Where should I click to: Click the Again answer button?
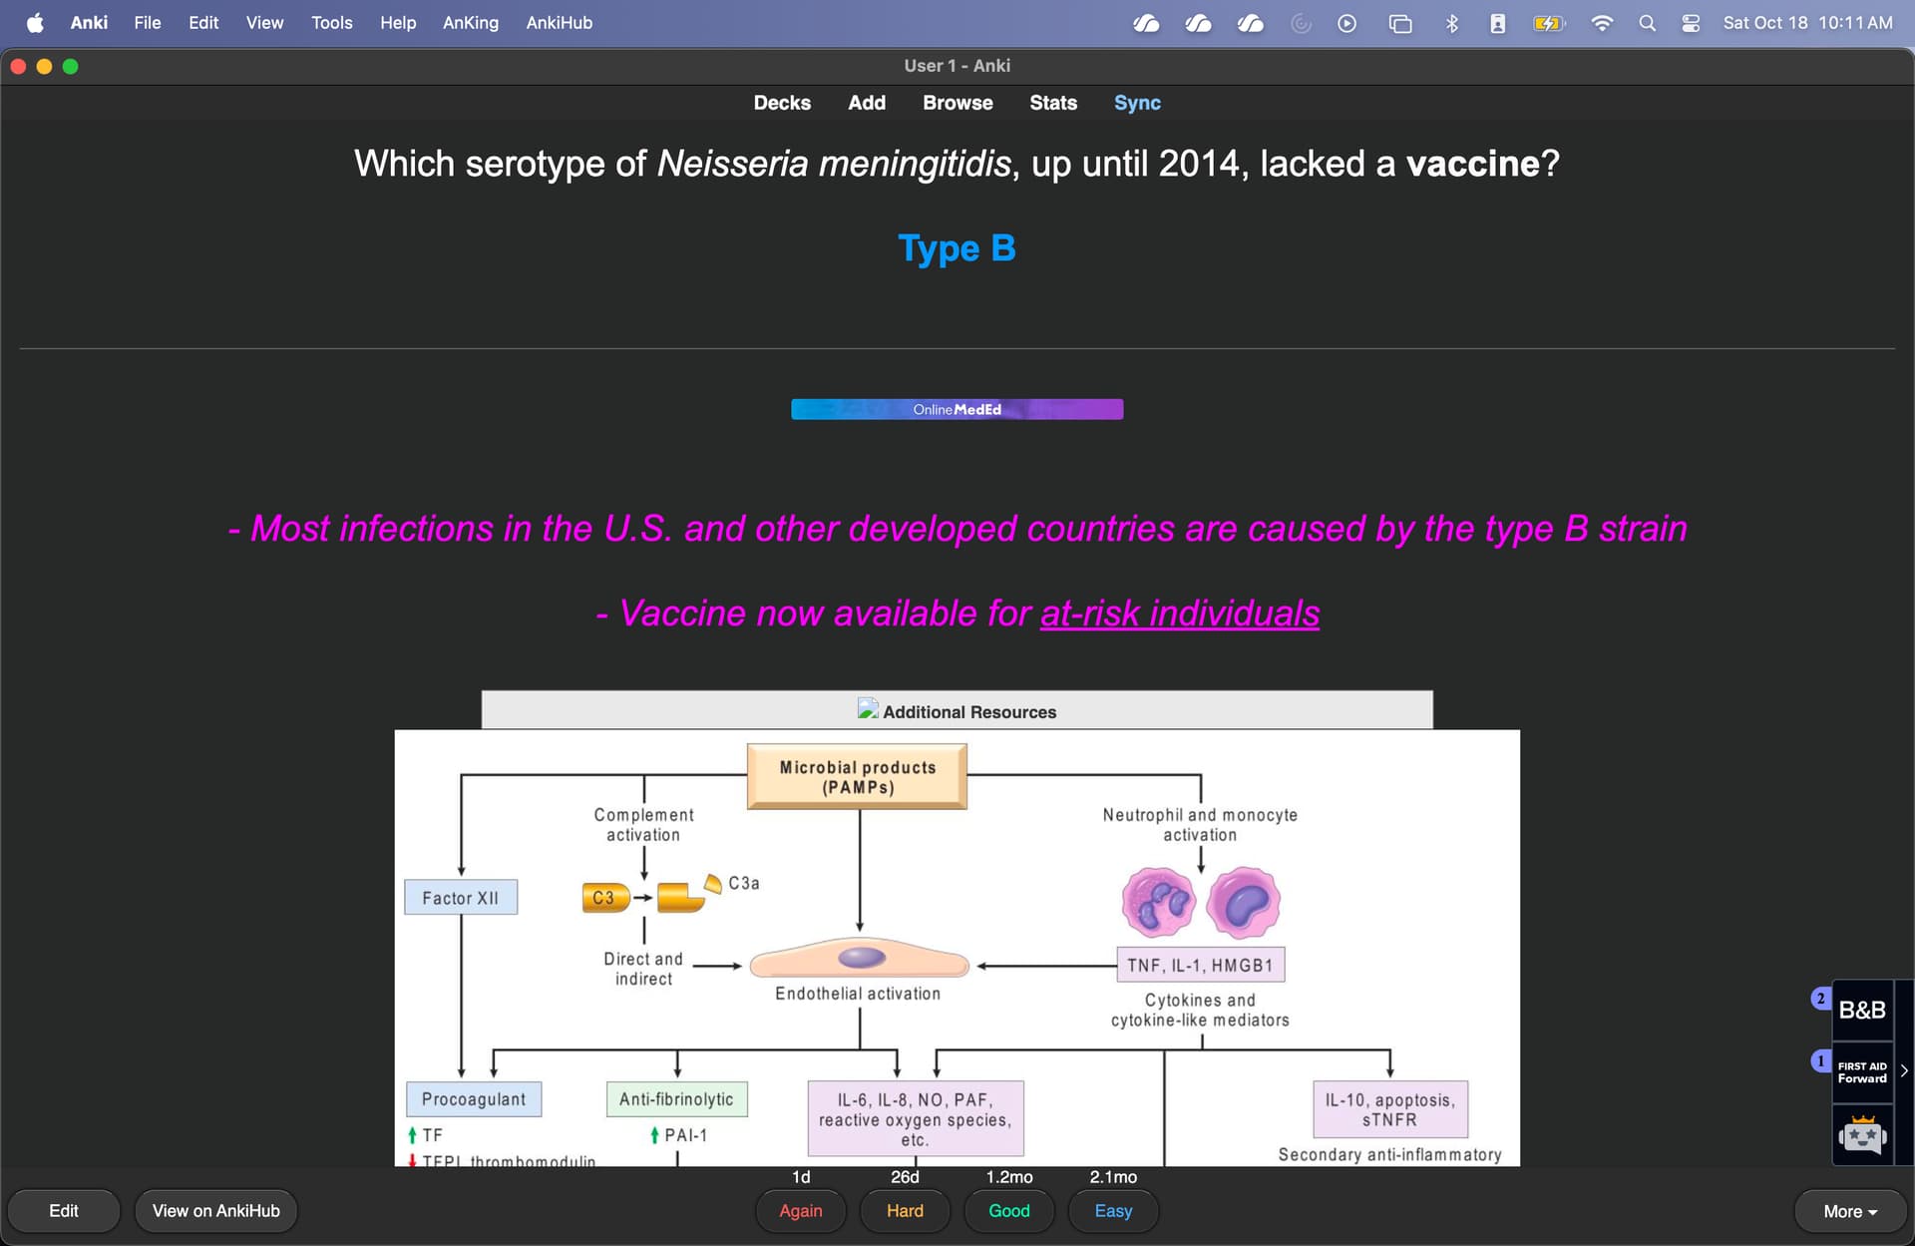801,1210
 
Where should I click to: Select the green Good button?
1008,1210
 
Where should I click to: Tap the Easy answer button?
1113,1210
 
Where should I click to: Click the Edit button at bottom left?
64,1210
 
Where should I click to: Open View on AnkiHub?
215,1210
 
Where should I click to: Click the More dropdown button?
1849,1211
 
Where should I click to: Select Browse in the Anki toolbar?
957,103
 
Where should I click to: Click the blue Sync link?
1137,103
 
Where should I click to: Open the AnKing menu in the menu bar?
470,22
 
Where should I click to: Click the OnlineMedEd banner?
957,409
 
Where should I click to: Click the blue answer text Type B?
957,247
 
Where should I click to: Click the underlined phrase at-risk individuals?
1179,613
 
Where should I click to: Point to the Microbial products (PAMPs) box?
857,776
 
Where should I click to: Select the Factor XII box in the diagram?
460,897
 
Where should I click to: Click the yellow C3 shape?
604,897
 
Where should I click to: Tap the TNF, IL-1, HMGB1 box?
1200,965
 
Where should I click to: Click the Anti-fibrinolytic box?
676,1098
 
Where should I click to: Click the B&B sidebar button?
1861,1010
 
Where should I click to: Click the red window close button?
18,66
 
